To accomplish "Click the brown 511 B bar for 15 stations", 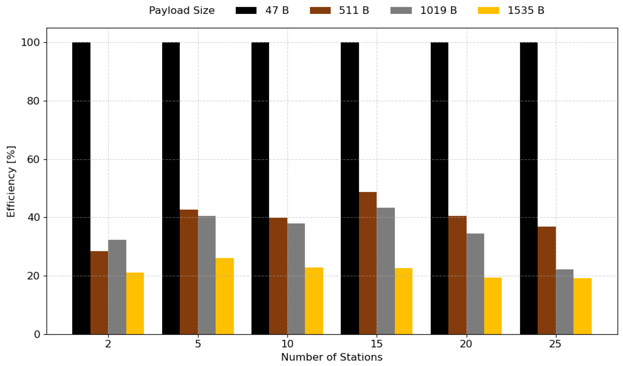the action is pos(367,263).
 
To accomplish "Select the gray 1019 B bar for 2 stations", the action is pos(117,287).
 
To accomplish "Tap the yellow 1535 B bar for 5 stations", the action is pos(225,296).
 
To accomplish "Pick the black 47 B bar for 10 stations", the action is pos(260,188).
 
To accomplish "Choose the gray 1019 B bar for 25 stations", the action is pos(565,302).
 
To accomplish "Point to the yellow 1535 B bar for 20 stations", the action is pos(493,306).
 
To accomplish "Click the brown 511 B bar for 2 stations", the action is pos(99,293).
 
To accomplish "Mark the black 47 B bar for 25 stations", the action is pos(529,188).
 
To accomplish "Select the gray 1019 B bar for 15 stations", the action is pos(385,271).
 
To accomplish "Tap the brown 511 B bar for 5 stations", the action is pos(189,272).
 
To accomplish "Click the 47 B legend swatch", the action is pos(246,11).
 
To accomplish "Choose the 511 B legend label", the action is pos(354,11).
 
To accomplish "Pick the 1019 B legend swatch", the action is pos(401,11).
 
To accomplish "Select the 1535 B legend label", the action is pos(526,11).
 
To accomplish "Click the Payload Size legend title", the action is pos(182,11).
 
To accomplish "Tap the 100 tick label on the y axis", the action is pos(30,43).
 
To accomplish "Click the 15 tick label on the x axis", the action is pos(377,344).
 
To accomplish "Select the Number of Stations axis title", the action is pos(332,357).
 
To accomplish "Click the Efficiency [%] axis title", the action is pos(11,182).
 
